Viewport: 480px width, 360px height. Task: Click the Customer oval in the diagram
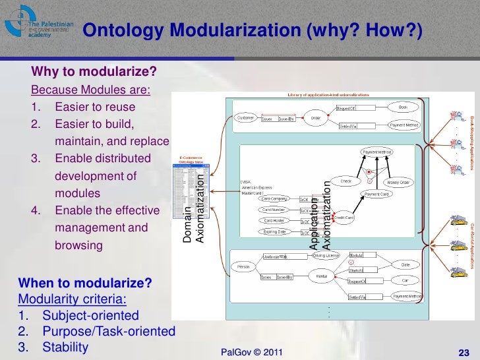pyautogui.click(x=246, y=118)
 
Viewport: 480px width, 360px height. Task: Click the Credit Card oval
pyautogui.click(x=343, y=217)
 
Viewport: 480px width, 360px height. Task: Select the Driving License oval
pyautogui.click(x=325, y=255)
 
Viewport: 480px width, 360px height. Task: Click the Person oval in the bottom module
pyautogui.click(x=243, y=267)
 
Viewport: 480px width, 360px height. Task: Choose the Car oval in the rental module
pyautogui.click(x=404, y=280)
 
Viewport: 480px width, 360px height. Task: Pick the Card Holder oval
pyautogui.click(x=274, y=220)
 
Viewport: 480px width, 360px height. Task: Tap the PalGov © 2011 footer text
pyautogui.click(x=253, y=353)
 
